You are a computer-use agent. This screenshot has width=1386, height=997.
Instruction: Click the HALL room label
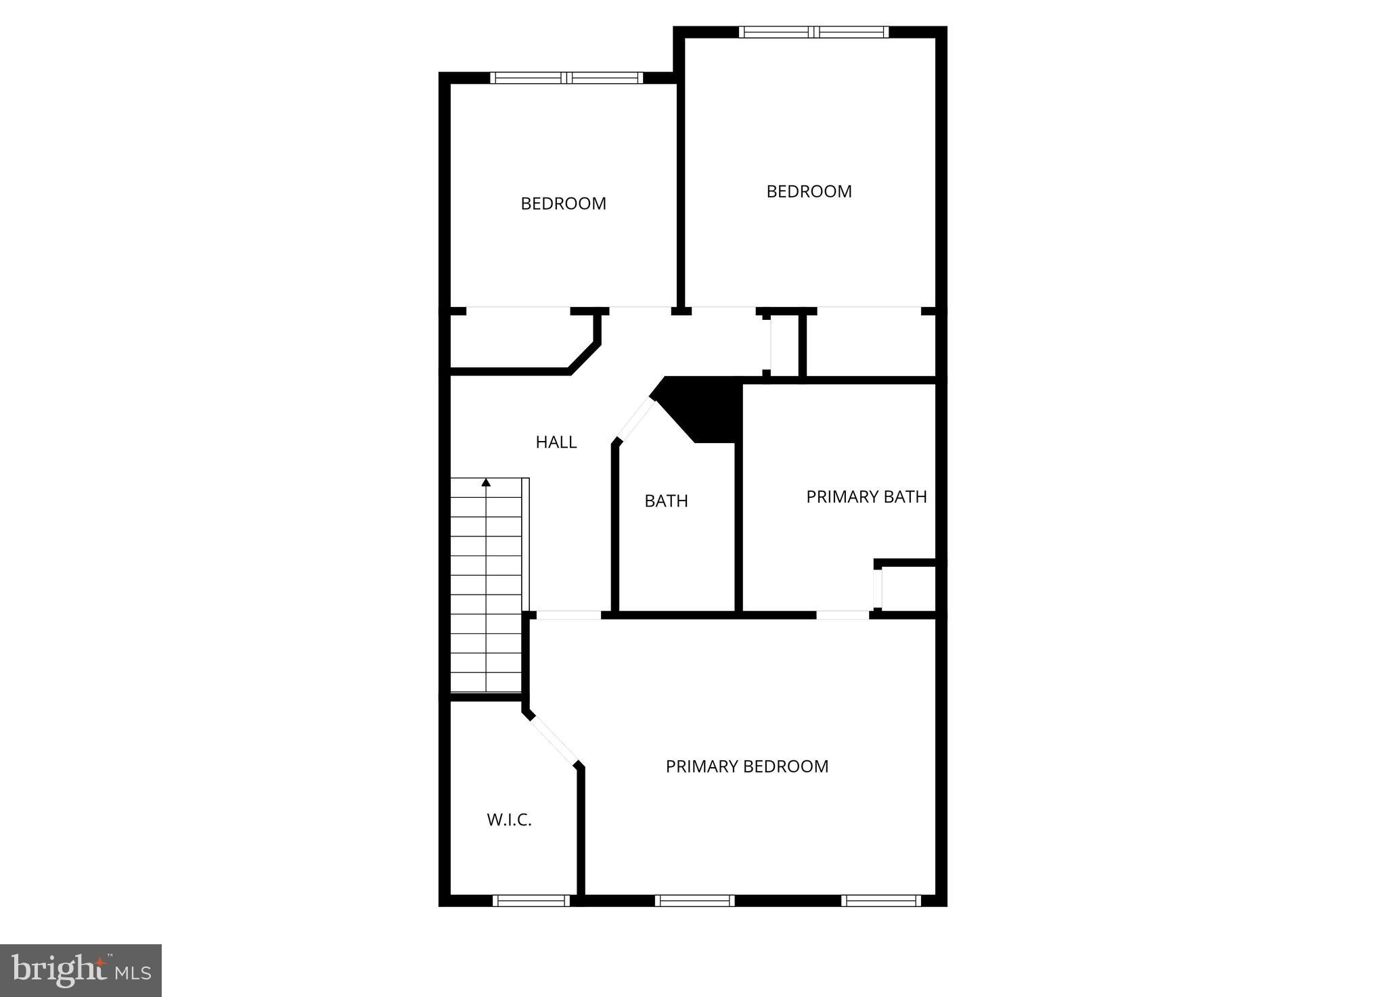556,442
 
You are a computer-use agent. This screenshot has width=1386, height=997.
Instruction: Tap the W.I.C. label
509,820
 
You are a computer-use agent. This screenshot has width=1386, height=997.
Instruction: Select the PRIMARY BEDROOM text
746,766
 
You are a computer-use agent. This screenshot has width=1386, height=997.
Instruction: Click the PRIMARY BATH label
866,497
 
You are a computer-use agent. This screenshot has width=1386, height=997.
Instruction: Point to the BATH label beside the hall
666,501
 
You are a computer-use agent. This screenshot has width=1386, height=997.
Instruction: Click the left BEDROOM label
563,204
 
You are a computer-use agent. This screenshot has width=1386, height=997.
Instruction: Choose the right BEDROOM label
809,191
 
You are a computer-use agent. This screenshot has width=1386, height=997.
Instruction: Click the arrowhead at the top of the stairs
486,482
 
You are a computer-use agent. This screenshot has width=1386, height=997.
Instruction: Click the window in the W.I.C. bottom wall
531,900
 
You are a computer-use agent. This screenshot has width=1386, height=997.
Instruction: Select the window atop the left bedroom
566,78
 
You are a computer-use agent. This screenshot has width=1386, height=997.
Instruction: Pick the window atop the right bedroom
813,32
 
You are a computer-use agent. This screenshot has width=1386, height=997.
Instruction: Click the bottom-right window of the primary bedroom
880,900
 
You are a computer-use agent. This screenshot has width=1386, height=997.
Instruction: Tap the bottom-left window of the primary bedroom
694,900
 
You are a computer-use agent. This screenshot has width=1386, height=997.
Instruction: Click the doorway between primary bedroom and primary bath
843,615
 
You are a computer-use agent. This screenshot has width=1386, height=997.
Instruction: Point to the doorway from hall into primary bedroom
568,615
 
